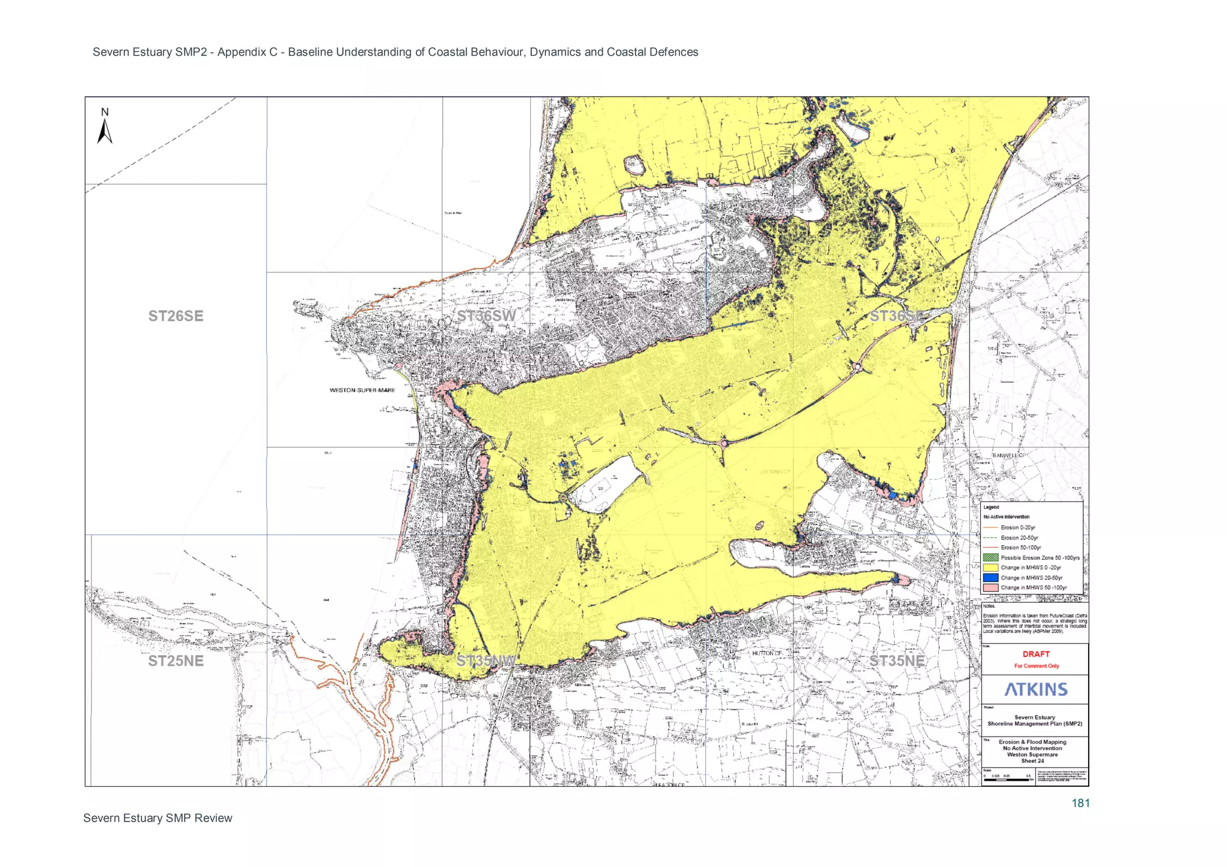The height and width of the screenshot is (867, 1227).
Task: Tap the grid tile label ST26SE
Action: pyautogui.click(x=176, y=316)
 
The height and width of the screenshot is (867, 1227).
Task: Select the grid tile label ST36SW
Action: pyautogui.click(x=486, y=316)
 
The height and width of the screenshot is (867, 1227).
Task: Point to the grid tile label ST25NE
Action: pyautogui.click(x=176, y=661)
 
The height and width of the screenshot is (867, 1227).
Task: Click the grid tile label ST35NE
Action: pyautogui.click(x=896, y=661)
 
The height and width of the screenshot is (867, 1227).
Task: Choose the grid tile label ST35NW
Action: pyautogui.click(x=486, y=661)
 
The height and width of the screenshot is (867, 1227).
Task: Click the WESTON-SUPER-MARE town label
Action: pyautogui.click(x=362, y=390)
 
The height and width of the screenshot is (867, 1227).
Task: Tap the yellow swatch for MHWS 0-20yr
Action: pyautogui.click(x=990, y=568)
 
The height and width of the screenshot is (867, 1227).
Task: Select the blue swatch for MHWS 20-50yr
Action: pyautogui.click(x=990, y=578)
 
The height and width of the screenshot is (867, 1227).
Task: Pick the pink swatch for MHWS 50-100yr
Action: pyautogui.click(x=990, y=588)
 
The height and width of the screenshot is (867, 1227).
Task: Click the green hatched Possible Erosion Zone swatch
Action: pyautogui.click(x=990, y=557)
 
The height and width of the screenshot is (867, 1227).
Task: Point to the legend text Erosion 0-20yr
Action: pyautogui.click(x=1017, y=528)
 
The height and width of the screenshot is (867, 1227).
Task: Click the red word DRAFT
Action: pyautogui.click(x=1036, y=654)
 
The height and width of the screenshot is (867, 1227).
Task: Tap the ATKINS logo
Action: pyautogui.click(x=1036, y=690)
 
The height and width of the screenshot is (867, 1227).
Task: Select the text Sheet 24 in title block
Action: pyautogui.click(x=1032, y=761)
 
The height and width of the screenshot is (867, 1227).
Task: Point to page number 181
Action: pyautogui.click(x=1080, y=804)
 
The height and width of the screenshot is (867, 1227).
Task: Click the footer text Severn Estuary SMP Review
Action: pyautogui.click(x=158, y=819)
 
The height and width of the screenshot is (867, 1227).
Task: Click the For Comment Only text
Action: pyautogui.click(x=1036, y=666)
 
